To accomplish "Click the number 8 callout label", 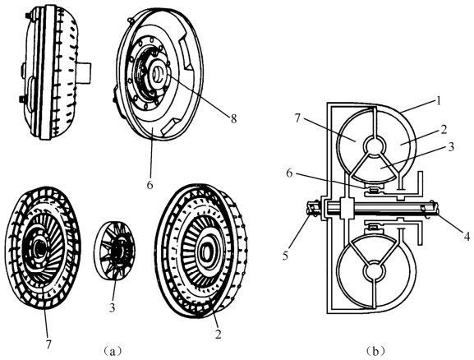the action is [x=233, y=118].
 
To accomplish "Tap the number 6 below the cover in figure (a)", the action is [x=150, y=185].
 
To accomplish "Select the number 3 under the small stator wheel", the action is [x=113, y=307].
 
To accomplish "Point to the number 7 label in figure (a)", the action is [x=48, y=344].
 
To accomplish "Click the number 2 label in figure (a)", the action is [x=218, y=335].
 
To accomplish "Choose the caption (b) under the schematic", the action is [x=375, y=352].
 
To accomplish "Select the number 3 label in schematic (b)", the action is [x=451, y=147].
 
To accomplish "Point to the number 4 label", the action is [x=467, y=236].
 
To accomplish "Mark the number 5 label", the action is [x=286, y=256].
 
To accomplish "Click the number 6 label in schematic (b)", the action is [x=289, y=174].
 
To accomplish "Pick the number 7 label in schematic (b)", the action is [x=297, y=118].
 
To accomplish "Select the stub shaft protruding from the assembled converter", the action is [x=84, y=72].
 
